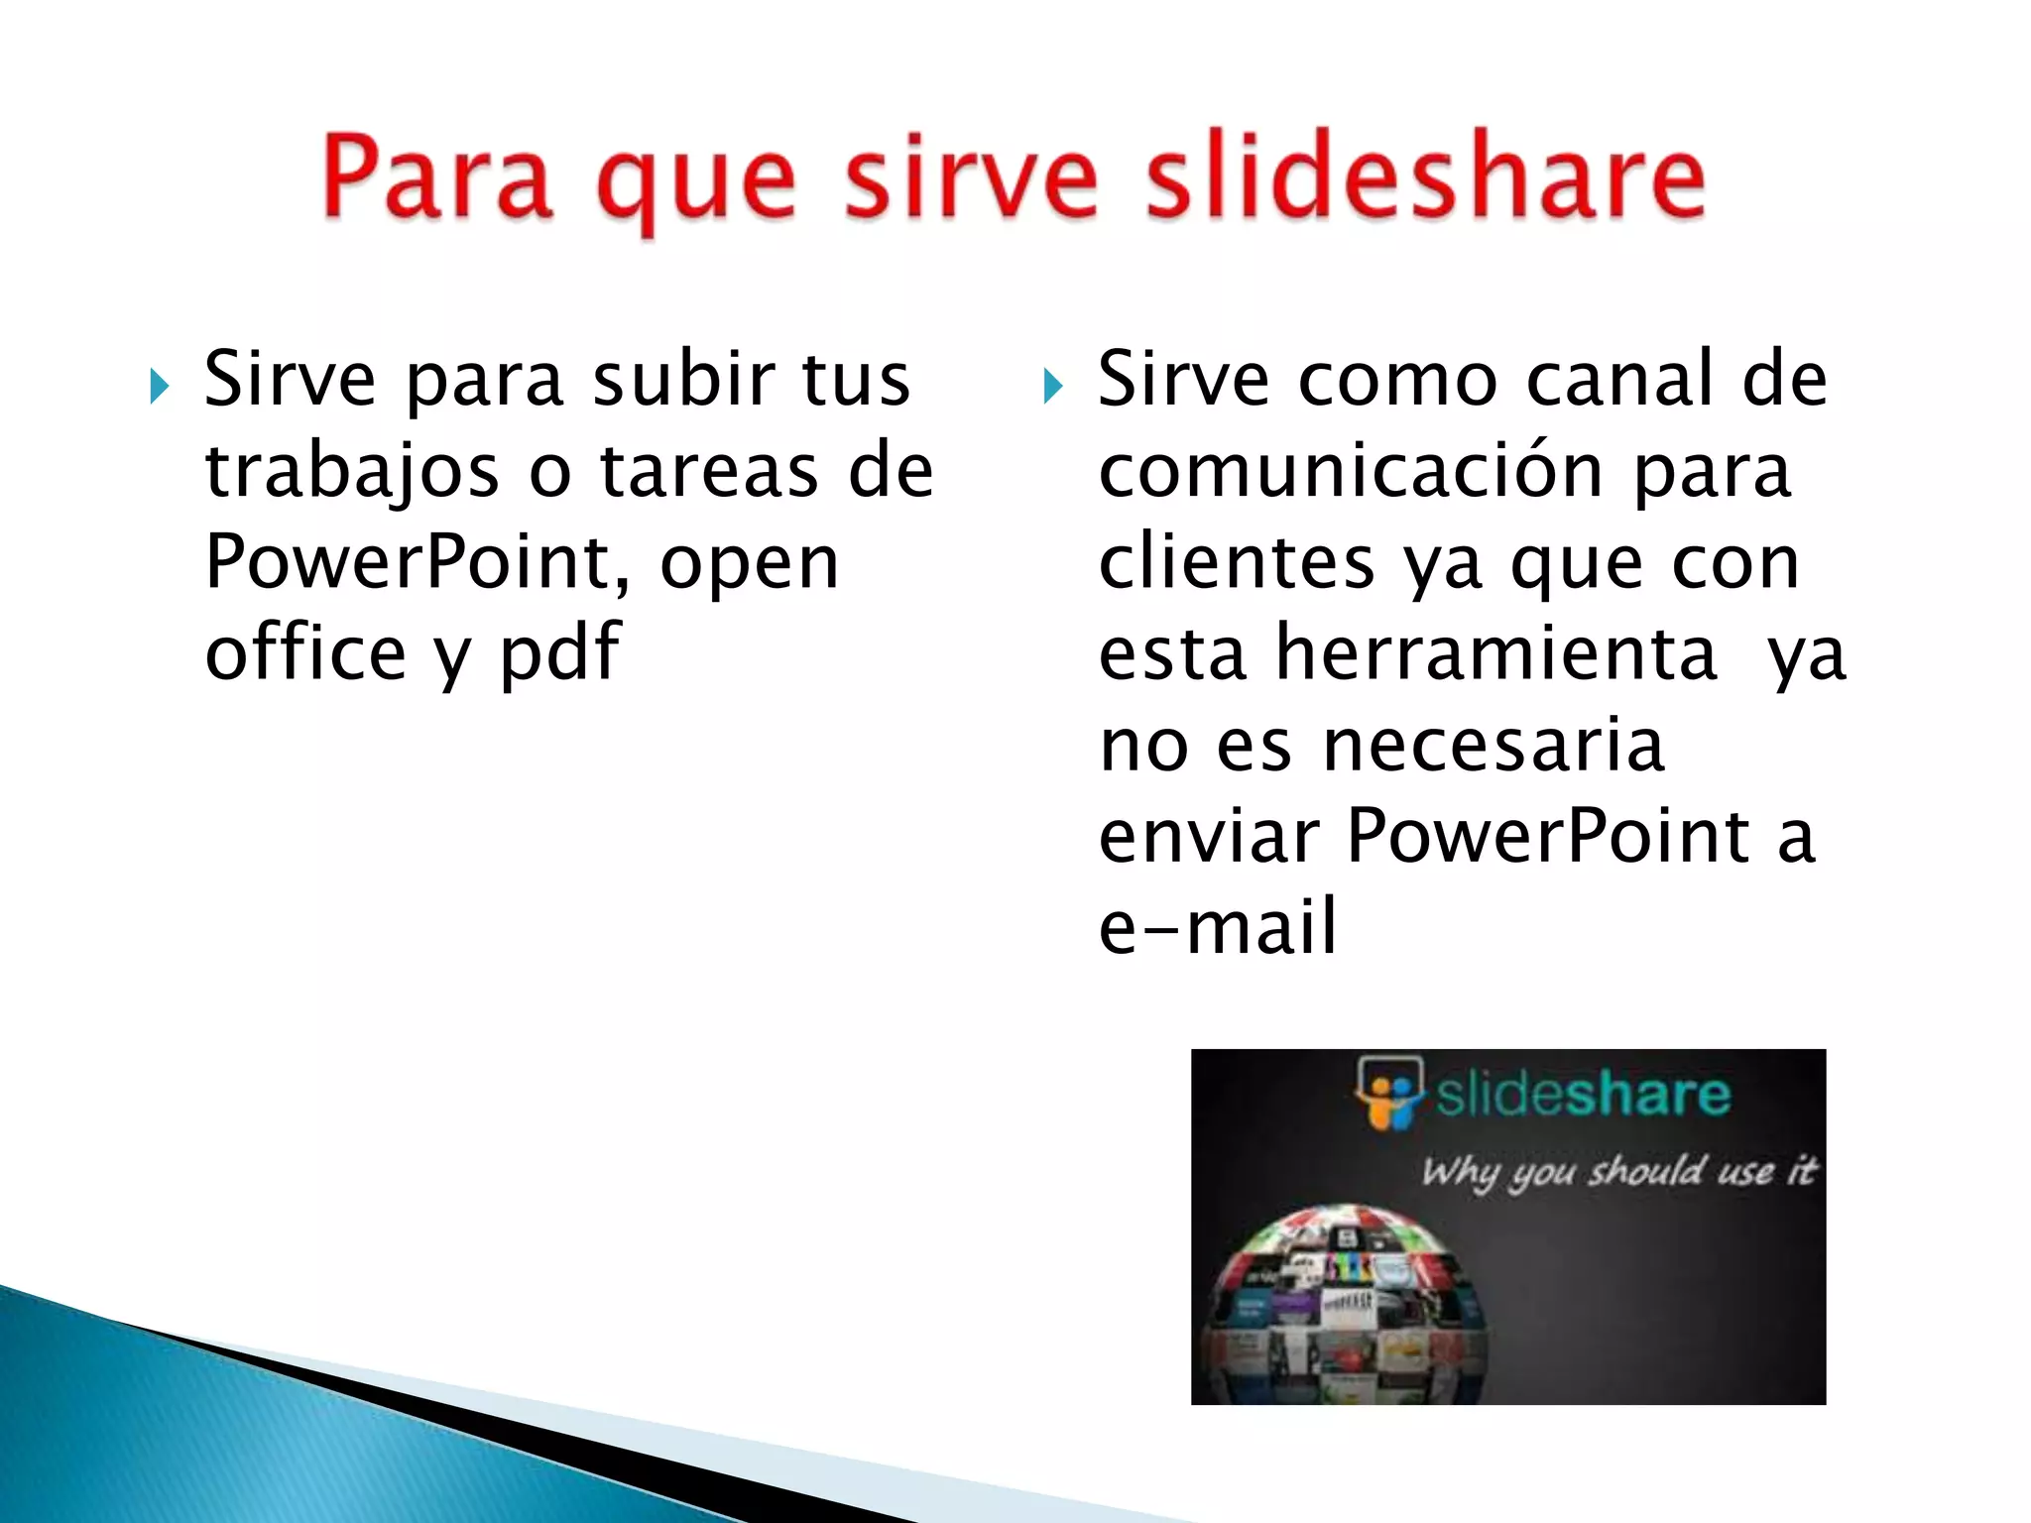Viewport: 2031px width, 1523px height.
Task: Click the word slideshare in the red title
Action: pos(1425,178)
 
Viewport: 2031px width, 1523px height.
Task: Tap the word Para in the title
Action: pos(436,178)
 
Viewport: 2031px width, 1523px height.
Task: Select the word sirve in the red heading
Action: pos(971,178)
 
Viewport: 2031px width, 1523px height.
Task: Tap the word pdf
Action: pos(559,654)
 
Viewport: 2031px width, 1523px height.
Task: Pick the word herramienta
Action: pos(1496,653)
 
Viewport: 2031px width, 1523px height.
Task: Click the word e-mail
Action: pos(1218,927)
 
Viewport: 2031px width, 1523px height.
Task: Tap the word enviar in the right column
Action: pos(1209,836)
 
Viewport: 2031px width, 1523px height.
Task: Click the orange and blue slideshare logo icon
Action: pos(1389,1093)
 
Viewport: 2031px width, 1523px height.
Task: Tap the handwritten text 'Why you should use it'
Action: pos(1618,1171)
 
